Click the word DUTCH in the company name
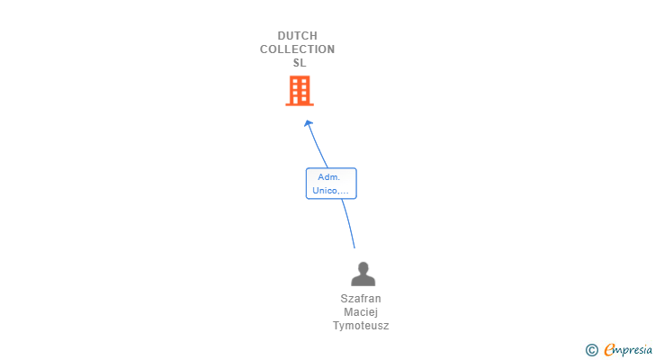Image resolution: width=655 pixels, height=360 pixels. point(297,36)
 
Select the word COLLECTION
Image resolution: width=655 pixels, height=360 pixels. point(297,49)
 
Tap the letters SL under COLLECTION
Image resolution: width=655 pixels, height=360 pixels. point(299,63)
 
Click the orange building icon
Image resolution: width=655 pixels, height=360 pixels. point(300,90)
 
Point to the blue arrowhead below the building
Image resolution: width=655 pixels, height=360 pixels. point(308,123)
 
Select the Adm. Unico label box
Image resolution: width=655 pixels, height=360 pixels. point(331,184)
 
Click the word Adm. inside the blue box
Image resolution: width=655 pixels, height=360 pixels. point(329,177)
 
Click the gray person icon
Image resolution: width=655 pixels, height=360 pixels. point(363,274)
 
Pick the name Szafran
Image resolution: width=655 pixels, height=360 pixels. point(361,299)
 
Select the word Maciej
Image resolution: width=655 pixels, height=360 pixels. point(361,312)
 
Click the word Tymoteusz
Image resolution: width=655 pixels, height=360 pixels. point(361,326)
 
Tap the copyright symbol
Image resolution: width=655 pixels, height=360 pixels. point(591,350)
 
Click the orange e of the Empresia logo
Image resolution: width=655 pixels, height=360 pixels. point(610,349)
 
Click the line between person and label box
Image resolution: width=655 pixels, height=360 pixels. point(348,223)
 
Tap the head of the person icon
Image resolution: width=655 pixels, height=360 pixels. point(363,267)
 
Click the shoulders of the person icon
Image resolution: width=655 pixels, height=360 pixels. point(363,281)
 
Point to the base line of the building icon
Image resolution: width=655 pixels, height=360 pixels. point(300,104)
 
